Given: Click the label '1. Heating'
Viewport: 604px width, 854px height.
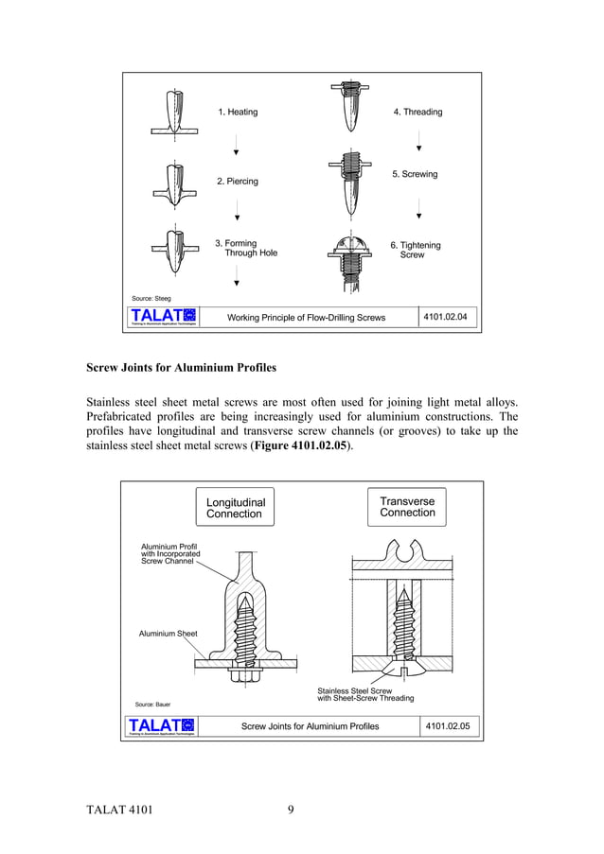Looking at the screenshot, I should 238,112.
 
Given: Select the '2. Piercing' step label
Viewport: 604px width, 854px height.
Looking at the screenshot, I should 238,181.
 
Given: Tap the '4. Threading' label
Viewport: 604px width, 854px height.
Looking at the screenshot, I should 417,112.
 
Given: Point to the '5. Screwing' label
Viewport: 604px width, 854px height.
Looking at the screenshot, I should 415,175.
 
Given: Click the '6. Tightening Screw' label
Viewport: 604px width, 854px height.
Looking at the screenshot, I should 415,251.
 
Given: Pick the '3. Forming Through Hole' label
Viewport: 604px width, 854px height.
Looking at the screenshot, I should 245,249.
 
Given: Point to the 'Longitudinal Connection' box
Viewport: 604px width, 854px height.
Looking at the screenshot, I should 235,508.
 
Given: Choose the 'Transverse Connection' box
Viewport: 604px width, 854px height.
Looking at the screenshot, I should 407,507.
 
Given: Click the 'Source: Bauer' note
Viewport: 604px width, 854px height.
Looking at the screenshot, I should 152,705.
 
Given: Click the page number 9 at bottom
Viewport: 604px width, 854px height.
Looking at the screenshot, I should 292,810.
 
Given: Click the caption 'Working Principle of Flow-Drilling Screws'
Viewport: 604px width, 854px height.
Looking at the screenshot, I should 306,318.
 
